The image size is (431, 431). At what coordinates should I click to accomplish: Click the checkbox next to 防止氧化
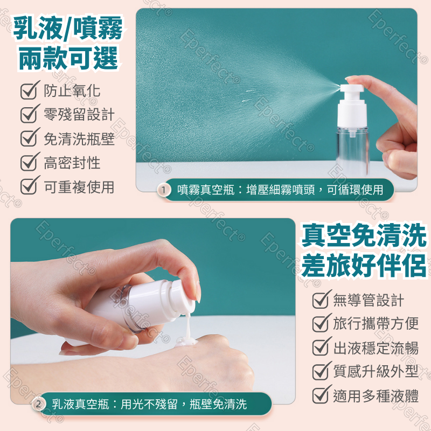[29, 91]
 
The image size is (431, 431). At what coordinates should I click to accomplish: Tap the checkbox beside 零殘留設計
[29, 114]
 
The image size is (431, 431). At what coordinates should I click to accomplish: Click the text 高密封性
[72, 163]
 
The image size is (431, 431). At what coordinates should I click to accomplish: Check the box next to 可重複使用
[29, 186]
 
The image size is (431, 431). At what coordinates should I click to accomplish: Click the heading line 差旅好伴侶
[364, 266]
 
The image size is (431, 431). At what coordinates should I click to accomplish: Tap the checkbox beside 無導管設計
[321, 300]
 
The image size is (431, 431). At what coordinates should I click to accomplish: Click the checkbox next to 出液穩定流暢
[321, 347]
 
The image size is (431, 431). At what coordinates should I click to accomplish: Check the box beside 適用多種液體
[321, 396]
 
